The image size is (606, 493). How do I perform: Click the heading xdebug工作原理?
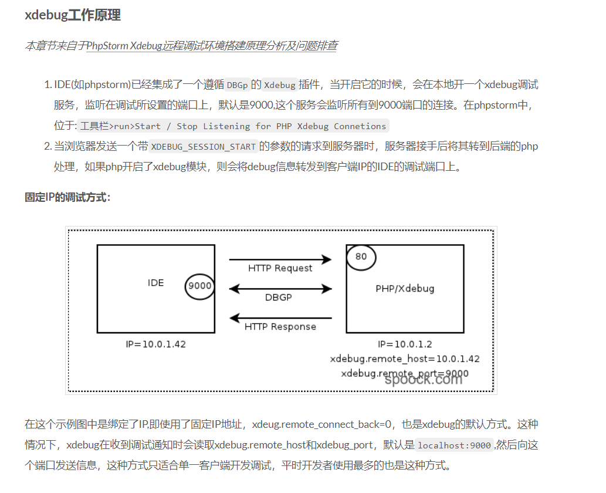(x=73, y=15)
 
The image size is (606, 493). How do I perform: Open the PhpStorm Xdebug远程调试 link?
(x=212, y=46)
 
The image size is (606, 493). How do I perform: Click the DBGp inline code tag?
(x=238, y=85)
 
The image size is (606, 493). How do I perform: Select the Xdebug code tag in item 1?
(x=279, y=85)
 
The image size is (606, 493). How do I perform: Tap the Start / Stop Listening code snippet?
(x=233, y=126)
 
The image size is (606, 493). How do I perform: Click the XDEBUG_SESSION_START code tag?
(x=204, y=146)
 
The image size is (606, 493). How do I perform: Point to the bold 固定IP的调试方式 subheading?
(x=67, y=197)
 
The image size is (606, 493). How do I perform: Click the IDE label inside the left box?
(x=155, y=283)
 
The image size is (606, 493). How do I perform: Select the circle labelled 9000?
(x=199, y=286)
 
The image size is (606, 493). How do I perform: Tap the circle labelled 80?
(x=361, y=256)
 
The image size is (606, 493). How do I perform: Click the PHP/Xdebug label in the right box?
(x=405, y=289)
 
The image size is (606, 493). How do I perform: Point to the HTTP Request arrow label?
(x=280, y=268)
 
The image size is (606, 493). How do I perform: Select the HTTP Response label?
(x=280, y=327)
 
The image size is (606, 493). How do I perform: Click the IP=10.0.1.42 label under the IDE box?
(x=155, y=345)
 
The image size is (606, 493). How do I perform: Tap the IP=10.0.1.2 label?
(x=405, y=345)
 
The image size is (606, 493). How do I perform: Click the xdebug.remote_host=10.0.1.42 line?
(x=405, y=359)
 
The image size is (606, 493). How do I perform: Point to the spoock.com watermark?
(x=423, y=379)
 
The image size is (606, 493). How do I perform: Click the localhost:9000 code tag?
(x=454, y=445)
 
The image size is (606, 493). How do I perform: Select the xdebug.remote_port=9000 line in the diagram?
(x=405, y=373)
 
